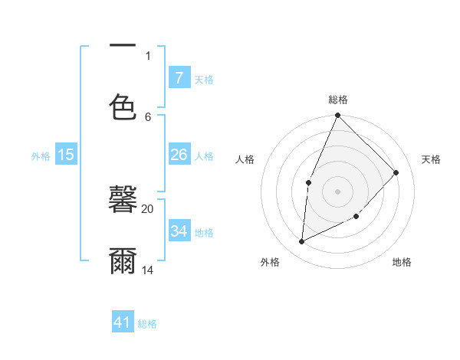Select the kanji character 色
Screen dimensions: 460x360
[x=123, y=106]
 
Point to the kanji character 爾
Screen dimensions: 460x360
[x=123, y=260]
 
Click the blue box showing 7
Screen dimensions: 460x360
[x=179, y=77]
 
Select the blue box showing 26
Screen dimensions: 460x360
[x=179, y=155]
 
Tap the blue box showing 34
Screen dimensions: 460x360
[x=179, y=231]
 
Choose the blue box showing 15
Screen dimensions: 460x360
[x=66, y=155]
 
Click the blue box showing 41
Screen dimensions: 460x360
[x=123, y=322]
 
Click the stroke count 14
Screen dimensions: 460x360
[x=148, y=270]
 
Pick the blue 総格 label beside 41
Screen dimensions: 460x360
[x=147, y=324]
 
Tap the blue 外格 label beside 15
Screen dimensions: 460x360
[x=41, y=156]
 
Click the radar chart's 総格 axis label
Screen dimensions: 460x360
[x=337, y=100]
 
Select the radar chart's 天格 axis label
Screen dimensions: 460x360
[x=432, y=159]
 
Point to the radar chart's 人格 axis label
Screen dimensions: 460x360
[x=245, y=159]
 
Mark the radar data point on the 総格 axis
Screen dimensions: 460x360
[x=337, y=116]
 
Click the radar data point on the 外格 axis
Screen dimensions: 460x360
[x=302, y=241]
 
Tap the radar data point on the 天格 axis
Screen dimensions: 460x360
[x=396, y=172]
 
